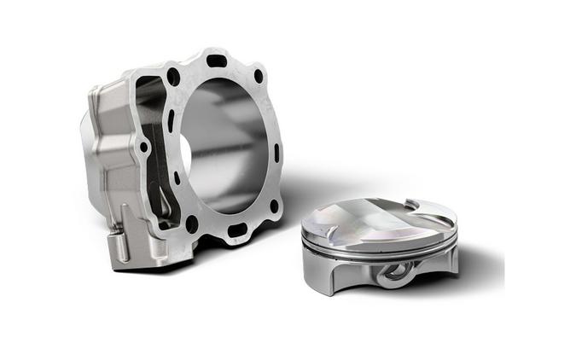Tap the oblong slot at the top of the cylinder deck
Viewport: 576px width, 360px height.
[217, 61]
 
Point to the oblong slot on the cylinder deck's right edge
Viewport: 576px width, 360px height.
[276, 154]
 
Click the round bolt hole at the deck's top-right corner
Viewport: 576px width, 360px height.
[259, 76]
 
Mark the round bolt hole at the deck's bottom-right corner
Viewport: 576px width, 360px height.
[274, 206]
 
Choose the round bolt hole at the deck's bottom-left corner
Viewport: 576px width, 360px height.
[192, 224]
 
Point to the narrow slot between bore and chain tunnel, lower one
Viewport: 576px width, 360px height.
[177, 178]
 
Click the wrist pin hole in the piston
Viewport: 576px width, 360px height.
[393, 272]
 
